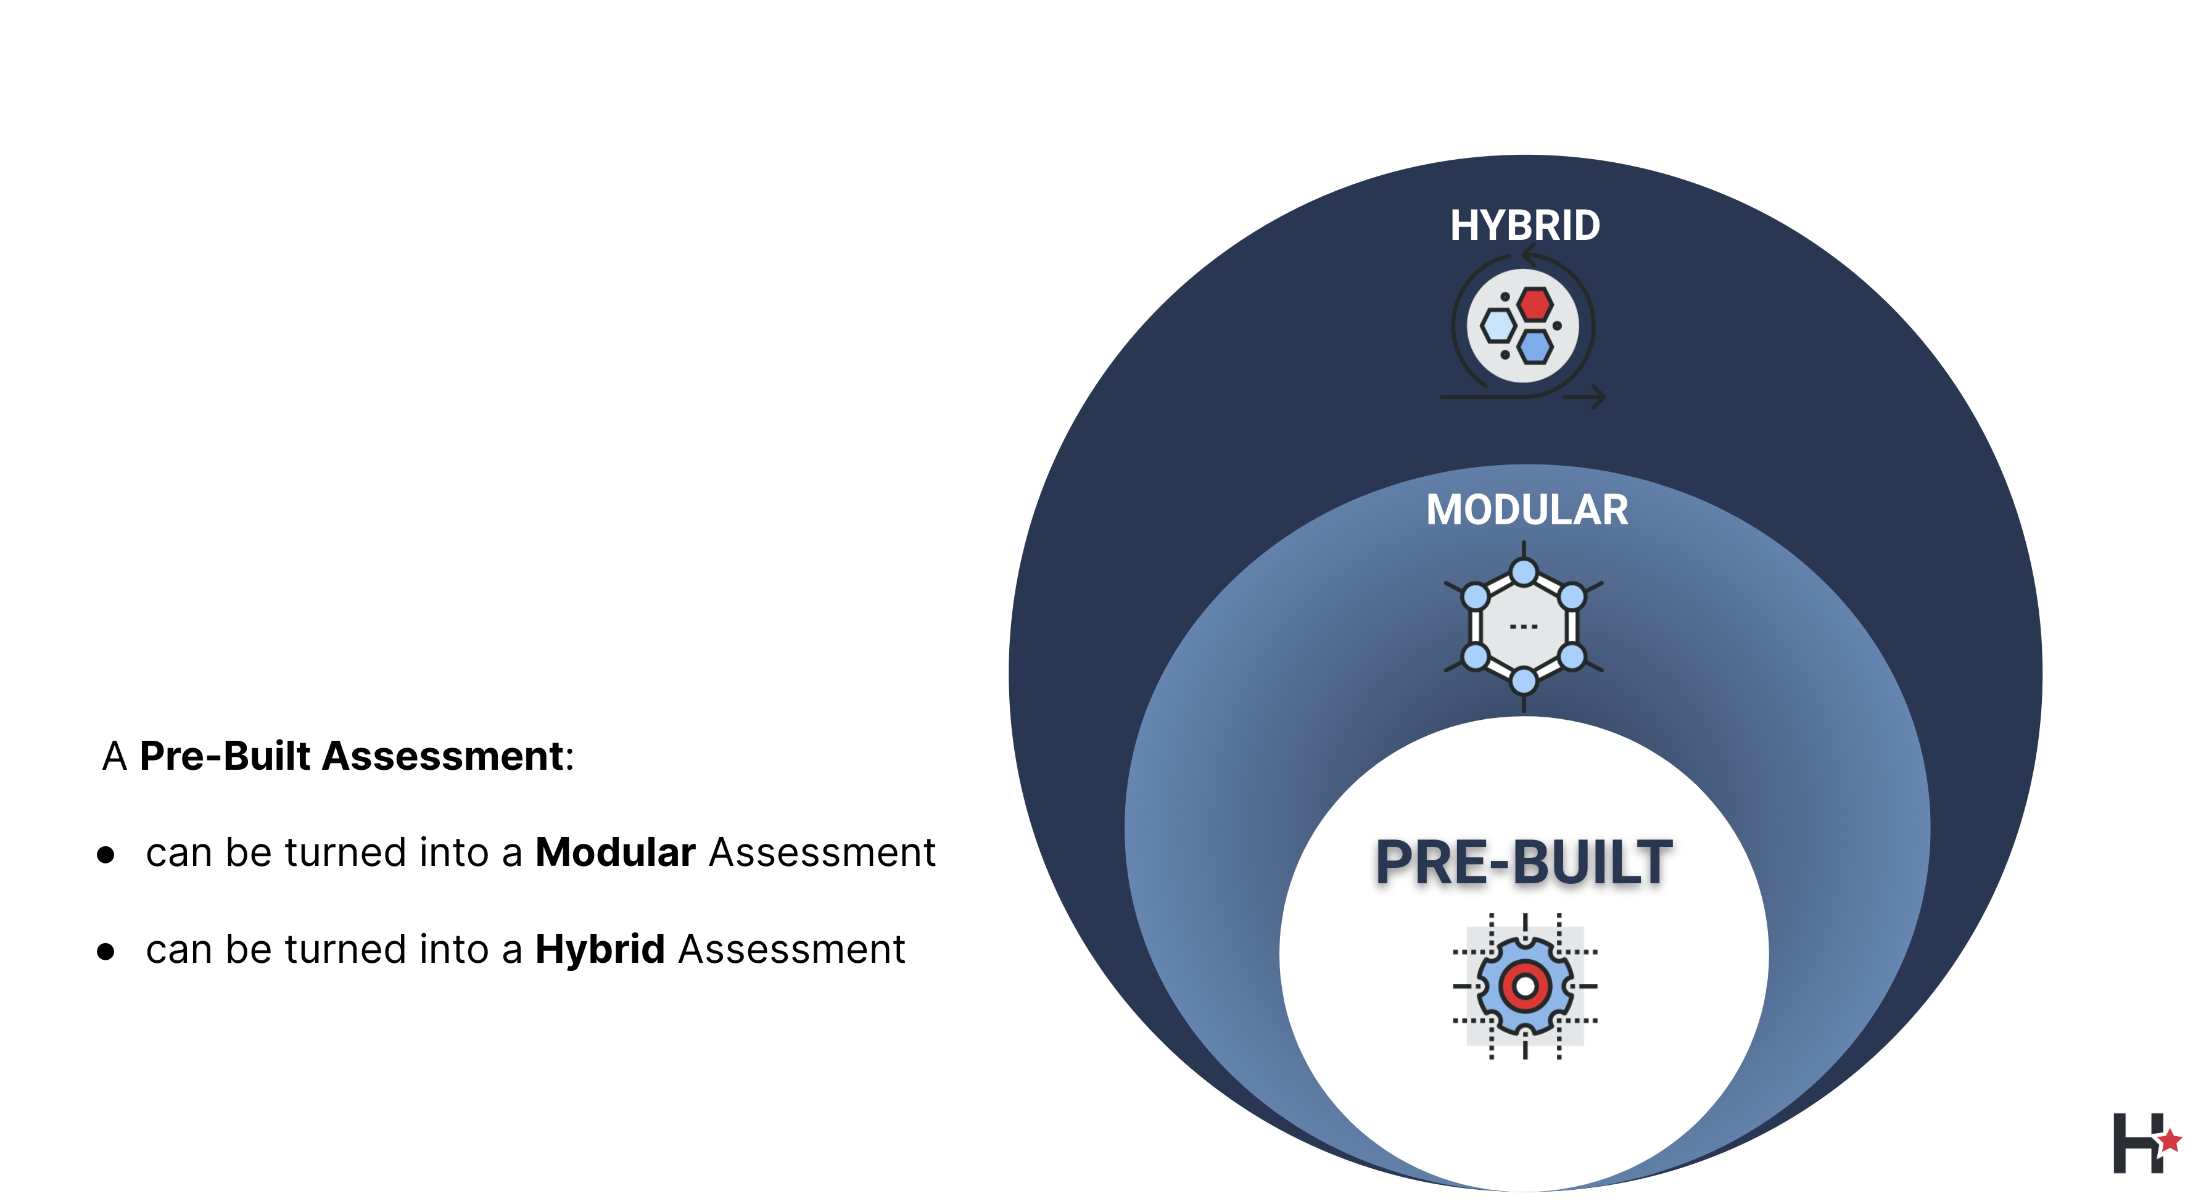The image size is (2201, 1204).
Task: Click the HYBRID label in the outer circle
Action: [x=1524, y=226]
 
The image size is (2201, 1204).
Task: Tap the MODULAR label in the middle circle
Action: [x=1527, y=510]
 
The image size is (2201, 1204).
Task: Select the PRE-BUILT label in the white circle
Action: [x=1524, y=862]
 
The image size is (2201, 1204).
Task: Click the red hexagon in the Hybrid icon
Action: [x=1535, y=304]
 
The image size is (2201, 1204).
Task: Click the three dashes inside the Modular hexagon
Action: [x=1524, y=626]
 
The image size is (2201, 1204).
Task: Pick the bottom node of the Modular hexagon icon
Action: [x=1524, y=681]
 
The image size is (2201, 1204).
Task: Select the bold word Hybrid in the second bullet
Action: [x=600, y=949]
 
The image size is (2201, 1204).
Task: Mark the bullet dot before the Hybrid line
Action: [x=106, y=952]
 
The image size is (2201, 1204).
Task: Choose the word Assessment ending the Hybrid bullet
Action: [x=791, y=949]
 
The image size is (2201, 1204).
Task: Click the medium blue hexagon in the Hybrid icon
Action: [x=1535, y=346]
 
